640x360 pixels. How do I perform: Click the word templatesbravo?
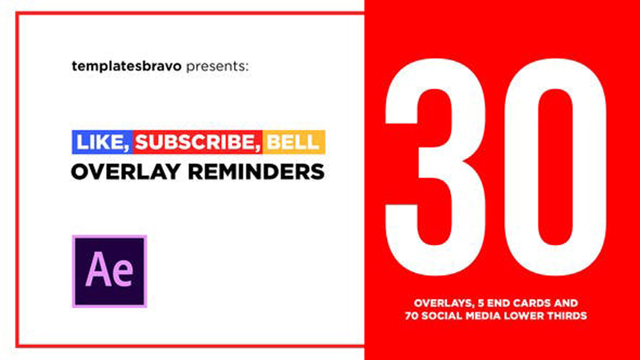(126, 67)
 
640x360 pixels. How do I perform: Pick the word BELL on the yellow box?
(293, 142)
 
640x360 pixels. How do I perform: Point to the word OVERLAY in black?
(126, 172)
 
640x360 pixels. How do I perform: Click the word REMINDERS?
(256, 172)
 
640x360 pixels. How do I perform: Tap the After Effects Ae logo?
(109, 271)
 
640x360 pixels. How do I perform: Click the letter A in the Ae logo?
(98, 269)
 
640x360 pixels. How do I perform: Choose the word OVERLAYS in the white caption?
(444, 303)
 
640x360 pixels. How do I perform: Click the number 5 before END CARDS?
(481, 303)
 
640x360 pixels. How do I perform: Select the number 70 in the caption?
(412, 316)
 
